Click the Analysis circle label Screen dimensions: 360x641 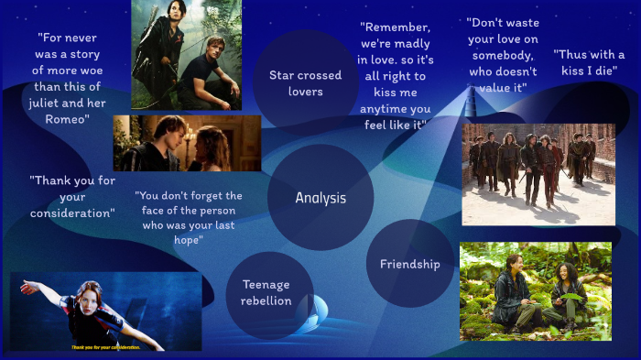[x=320, y=198]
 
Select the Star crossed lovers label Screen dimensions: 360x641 [x=305, y=83]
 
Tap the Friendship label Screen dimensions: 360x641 [x=409, y=264]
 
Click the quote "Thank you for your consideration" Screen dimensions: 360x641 [x=71, y=196]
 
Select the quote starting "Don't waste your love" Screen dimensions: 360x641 [x=502, y=55]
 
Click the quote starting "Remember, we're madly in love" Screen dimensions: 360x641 [x=394, y=76]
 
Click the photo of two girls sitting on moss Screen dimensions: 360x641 [x=535, y=291]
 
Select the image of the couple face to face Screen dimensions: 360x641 [x=187, y=143]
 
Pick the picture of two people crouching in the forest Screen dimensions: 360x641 [x=186, y=55]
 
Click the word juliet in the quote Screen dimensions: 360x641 [x=49, y=104]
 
